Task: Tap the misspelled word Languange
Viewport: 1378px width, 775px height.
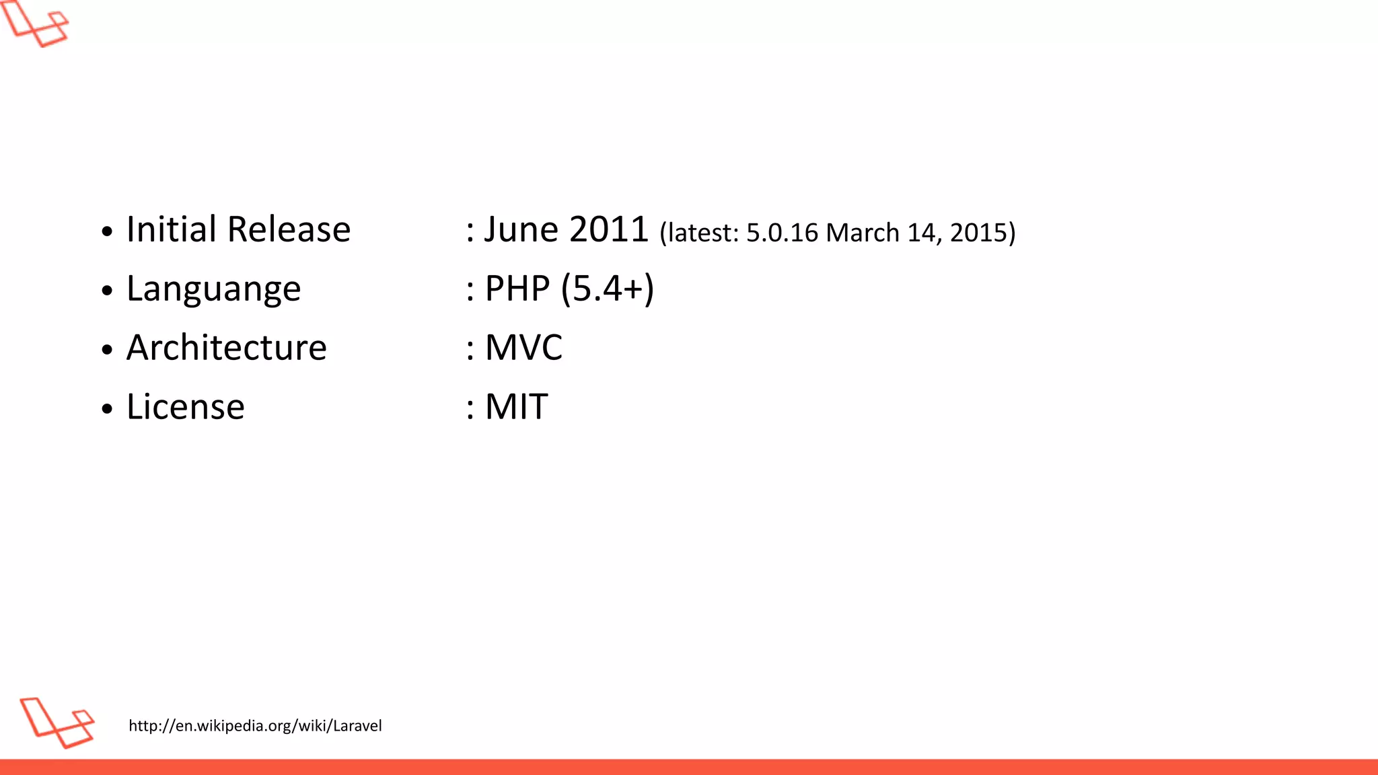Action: (x=213, y=290)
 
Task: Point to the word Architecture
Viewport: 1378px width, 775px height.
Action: (x=226, y=348)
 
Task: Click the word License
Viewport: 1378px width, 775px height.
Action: (x=185, y=407)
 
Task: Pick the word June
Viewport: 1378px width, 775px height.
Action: (x=521, y=229)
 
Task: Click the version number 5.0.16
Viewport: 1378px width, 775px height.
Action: (x=782, y=233)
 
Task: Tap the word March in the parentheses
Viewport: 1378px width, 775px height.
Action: (x=862, y=233)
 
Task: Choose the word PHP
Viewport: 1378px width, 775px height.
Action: (x=517, y=289)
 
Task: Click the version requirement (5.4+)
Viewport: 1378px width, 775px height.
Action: (x=607, y=289)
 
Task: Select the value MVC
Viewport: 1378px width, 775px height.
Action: (x=523, y=348)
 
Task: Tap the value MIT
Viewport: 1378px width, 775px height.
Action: (x=516, y=407)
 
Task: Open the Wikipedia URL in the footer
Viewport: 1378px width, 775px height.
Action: (x=255, y=726)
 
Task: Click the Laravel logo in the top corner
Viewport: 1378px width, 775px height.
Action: (x=35, y=24)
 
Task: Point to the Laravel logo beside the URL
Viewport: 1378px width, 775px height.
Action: (x=57, y=723)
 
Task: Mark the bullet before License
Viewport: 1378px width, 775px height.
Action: (x=107, y=409)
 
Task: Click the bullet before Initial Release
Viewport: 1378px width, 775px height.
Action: (x=107, y=231)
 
